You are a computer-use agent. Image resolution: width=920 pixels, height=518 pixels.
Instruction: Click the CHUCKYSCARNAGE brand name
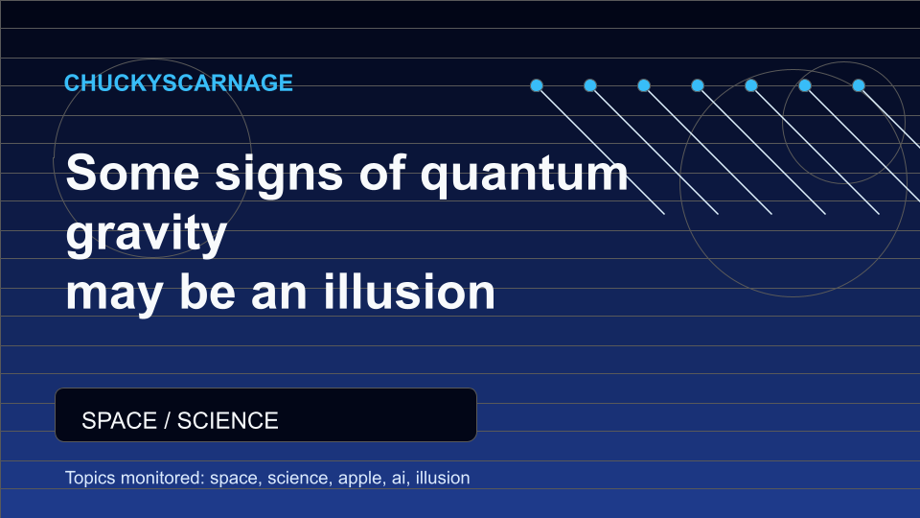pos(178,82)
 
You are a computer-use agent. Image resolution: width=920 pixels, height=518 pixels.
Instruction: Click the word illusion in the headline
pos(409,292)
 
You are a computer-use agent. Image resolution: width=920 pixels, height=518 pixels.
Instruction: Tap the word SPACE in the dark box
pos(119,420)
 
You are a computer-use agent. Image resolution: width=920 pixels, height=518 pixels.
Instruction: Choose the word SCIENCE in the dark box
pos(228,420)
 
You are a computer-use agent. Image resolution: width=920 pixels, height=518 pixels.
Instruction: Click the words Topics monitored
pos(135,478)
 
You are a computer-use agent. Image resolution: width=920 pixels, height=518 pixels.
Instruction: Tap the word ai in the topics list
pos(399,478)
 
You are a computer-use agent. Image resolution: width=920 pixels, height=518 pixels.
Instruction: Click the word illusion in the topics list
pos(443,478)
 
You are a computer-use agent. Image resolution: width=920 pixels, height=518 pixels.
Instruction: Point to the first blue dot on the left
pos(537,85)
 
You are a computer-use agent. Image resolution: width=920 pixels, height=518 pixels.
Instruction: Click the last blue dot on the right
pos(859,85)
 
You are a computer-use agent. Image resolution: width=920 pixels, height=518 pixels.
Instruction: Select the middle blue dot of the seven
pos(698,85)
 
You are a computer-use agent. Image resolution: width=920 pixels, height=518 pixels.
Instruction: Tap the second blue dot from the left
pos(590,85)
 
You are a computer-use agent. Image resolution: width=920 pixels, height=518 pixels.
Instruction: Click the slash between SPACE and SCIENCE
pos(167,420)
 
